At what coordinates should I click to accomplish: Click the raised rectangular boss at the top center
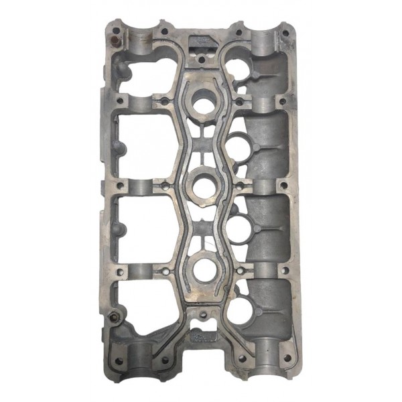pyautogui.click(x=202, y=46)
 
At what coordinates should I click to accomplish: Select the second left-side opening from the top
pyautogui.click(x=141, y=144)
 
